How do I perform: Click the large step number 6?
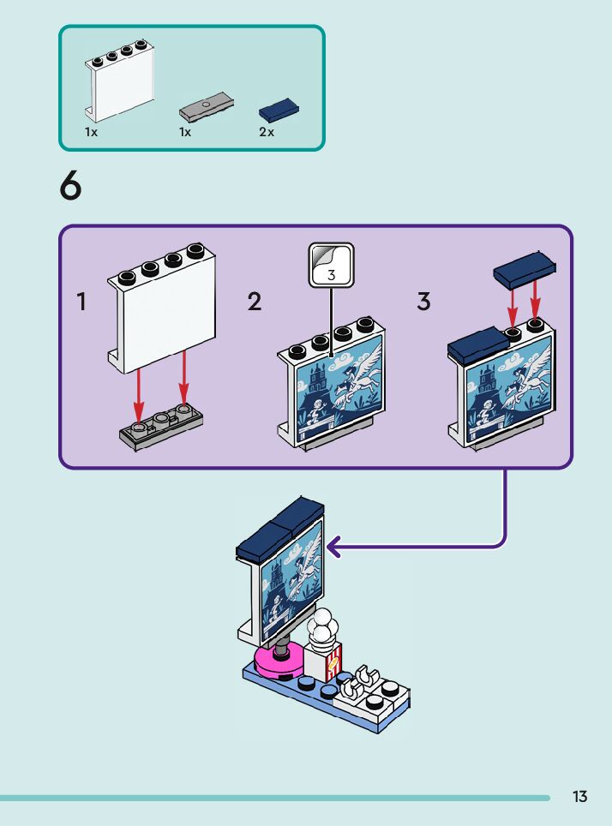tap(71, 188)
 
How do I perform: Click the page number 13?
tap(580, 797)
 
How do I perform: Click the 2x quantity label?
tap(267, 133)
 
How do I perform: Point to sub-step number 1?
tap(81, 302)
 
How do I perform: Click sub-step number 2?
tap(255, 302)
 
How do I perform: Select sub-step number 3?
tap(423, 302)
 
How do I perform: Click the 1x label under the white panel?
tap(91, 133)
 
